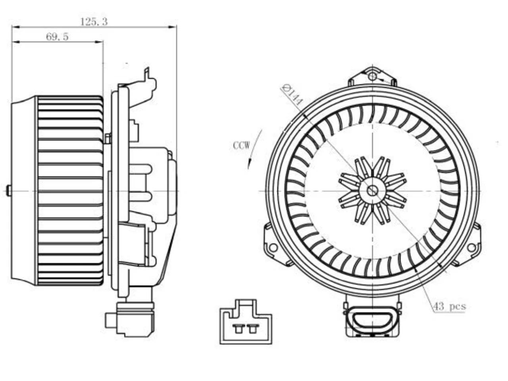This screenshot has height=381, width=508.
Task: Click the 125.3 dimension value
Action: (94, 22)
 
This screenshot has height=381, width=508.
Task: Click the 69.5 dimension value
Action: (58, 37)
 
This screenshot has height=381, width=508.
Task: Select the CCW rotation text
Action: (241, 146)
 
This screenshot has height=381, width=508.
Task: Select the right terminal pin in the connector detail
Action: (253, 328)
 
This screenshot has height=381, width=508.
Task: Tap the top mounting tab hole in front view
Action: (372, 76)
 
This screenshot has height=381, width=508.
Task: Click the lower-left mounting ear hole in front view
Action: (273, 248)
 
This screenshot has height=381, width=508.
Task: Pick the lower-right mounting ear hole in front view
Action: (471, 248)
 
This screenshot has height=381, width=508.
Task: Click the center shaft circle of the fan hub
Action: (372, 191)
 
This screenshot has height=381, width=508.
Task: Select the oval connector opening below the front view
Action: (372, 319)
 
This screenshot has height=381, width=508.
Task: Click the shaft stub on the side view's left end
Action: (9, 191)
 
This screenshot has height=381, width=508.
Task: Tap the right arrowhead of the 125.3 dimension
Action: (173, 27)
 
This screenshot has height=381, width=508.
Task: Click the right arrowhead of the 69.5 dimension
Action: (99, 42)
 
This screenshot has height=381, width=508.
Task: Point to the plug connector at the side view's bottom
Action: (130, 319)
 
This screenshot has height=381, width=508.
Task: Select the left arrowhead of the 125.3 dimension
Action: (16, 27)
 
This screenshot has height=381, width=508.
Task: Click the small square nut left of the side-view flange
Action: (108, 139)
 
